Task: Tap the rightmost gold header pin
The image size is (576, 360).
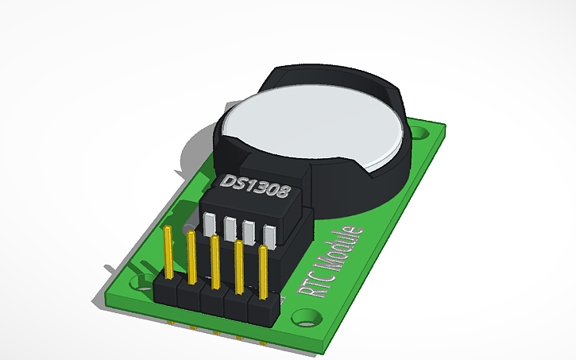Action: click(x=263, y=270)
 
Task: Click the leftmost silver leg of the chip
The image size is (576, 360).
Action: click(x=211, y=225)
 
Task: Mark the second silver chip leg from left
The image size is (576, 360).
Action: click(x=230, y=228)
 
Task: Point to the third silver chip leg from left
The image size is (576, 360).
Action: click(x=249, y=232)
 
